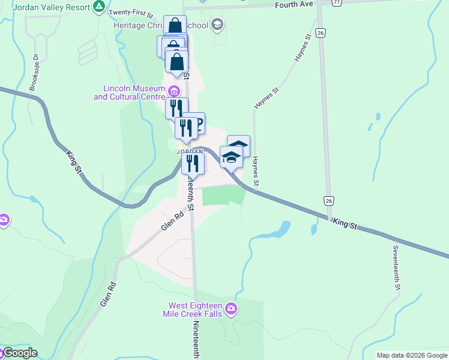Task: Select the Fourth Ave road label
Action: coord(295,5)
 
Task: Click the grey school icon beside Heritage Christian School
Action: coord(217,25)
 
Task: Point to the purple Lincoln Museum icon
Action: coord(174,91)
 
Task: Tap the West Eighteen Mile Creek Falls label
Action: coord(192,309)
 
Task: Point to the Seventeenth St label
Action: coord(397,268)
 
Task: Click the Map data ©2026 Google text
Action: coord(412,355)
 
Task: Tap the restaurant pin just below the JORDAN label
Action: coord(193,163)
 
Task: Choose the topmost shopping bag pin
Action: coord(175,26)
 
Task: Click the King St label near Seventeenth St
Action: coord(345,224)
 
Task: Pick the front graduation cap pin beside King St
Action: coord(231,157)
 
